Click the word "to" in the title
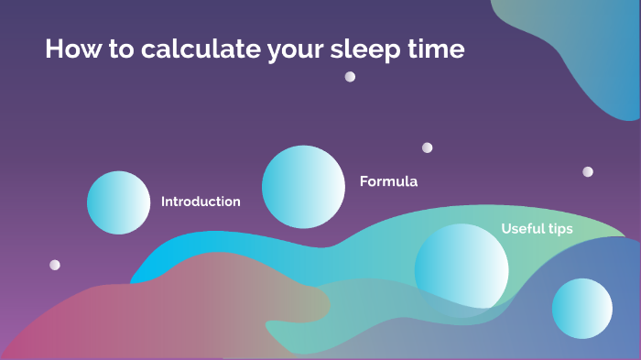[122, 49]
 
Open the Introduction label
[201, 202]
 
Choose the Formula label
[388, 181]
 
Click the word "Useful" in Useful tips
[522, 229]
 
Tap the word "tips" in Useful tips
[560, 229]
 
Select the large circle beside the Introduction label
[118, 202]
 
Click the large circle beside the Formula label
[302, 187]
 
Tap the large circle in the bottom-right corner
[581, 309]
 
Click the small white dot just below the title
[350, 77]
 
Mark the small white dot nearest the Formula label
[427, 147]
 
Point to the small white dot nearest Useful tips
[588, 171]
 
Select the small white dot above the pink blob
[55, 265]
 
